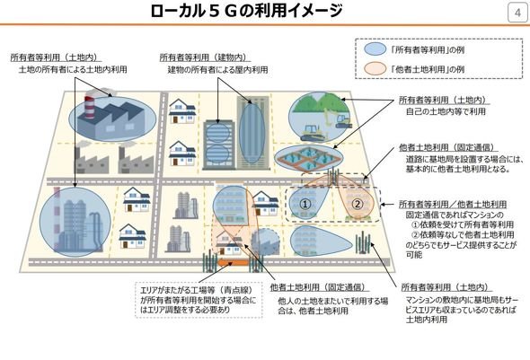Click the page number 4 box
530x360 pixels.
tap(517, 13)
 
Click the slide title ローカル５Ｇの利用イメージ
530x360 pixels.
tap(247, 11)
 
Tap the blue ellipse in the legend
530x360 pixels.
tap(375, 49)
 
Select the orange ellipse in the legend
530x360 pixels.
tap(375, 69)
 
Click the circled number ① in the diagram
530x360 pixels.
tap(305, 204)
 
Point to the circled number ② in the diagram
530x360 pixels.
tap(358, 204)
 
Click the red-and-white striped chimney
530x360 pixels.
tap(89, 108)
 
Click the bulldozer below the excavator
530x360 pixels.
tap(313, 133)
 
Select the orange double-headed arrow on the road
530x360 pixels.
tap(234, 262)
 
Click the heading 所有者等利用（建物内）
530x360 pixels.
tap(204, 57)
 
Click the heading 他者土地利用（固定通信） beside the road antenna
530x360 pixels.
tap(446, 148)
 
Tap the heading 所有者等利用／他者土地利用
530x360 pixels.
tap(453, 205)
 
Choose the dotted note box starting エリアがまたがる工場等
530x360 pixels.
tap(199, 300)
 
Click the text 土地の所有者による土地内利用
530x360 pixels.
tap(73, 69)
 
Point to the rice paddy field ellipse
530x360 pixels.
tap(309, 158)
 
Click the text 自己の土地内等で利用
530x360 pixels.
tap(446, 111)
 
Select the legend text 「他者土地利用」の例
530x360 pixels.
tap(427, 69)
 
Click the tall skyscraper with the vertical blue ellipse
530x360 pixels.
tap(252, 132)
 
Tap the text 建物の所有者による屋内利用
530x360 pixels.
tap(217, 70)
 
